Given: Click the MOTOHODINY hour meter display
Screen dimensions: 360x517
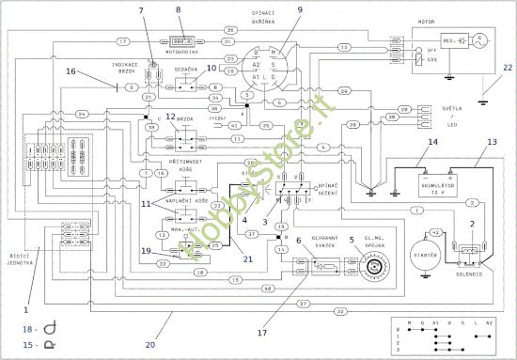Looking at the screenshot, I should [x=180, y=41].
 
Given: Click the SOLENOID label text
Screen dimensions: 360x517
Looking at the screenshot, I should [x=468, y=278].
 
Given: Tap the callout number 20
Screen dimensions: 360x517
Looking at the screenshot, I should [x=150, y=345].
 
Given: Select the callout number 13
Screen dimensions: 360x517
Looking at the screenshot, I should [x=490, y=143].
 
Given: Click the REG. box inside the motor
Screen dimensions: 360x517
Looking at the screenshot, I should [x=457, y=40].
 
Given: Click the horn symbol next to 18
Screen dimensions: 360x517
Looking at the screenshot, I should [x=39, y=328].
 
